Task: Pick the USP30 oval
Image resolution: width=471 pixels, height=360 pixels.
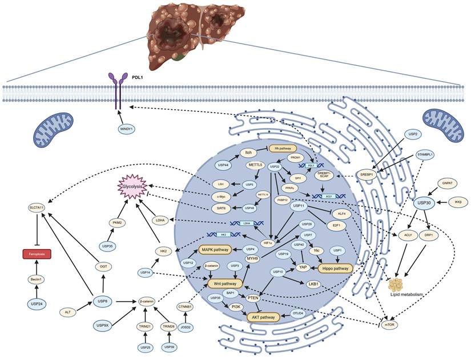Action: pyautogui.click(x=423, y=202)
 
